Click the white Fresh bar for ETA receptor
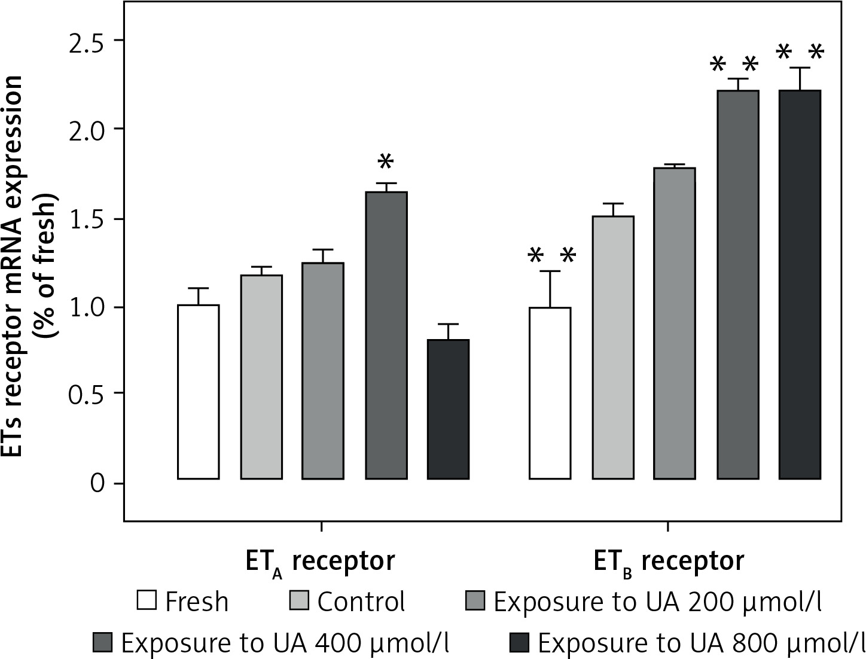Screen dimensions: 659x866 199,392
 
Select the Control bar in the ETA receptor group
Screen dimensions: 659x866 261,377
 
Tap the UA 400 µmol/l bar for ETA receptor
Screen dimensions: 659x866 386,335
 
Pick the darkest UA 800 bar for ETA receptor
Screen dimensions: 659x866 448,409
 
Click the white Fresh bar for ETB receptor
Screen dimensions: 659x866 550,393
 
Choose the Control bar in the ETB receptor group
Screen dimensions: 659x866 613,347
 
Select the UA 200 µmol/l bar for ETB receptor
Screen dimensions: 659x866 675,323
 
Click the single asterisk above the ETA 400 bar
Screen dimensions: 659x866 386,162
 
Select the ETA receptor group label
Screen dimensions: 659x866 321,563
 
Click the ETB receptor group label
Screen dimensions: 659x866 669,563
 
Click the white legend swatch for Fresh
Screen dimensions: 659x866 147,600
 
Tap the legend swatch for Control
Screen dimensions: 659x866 299,600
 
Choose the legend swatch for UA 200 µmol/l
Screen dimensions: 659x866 475,600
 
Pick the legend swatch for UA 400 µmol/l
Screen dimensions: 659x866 102,642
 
